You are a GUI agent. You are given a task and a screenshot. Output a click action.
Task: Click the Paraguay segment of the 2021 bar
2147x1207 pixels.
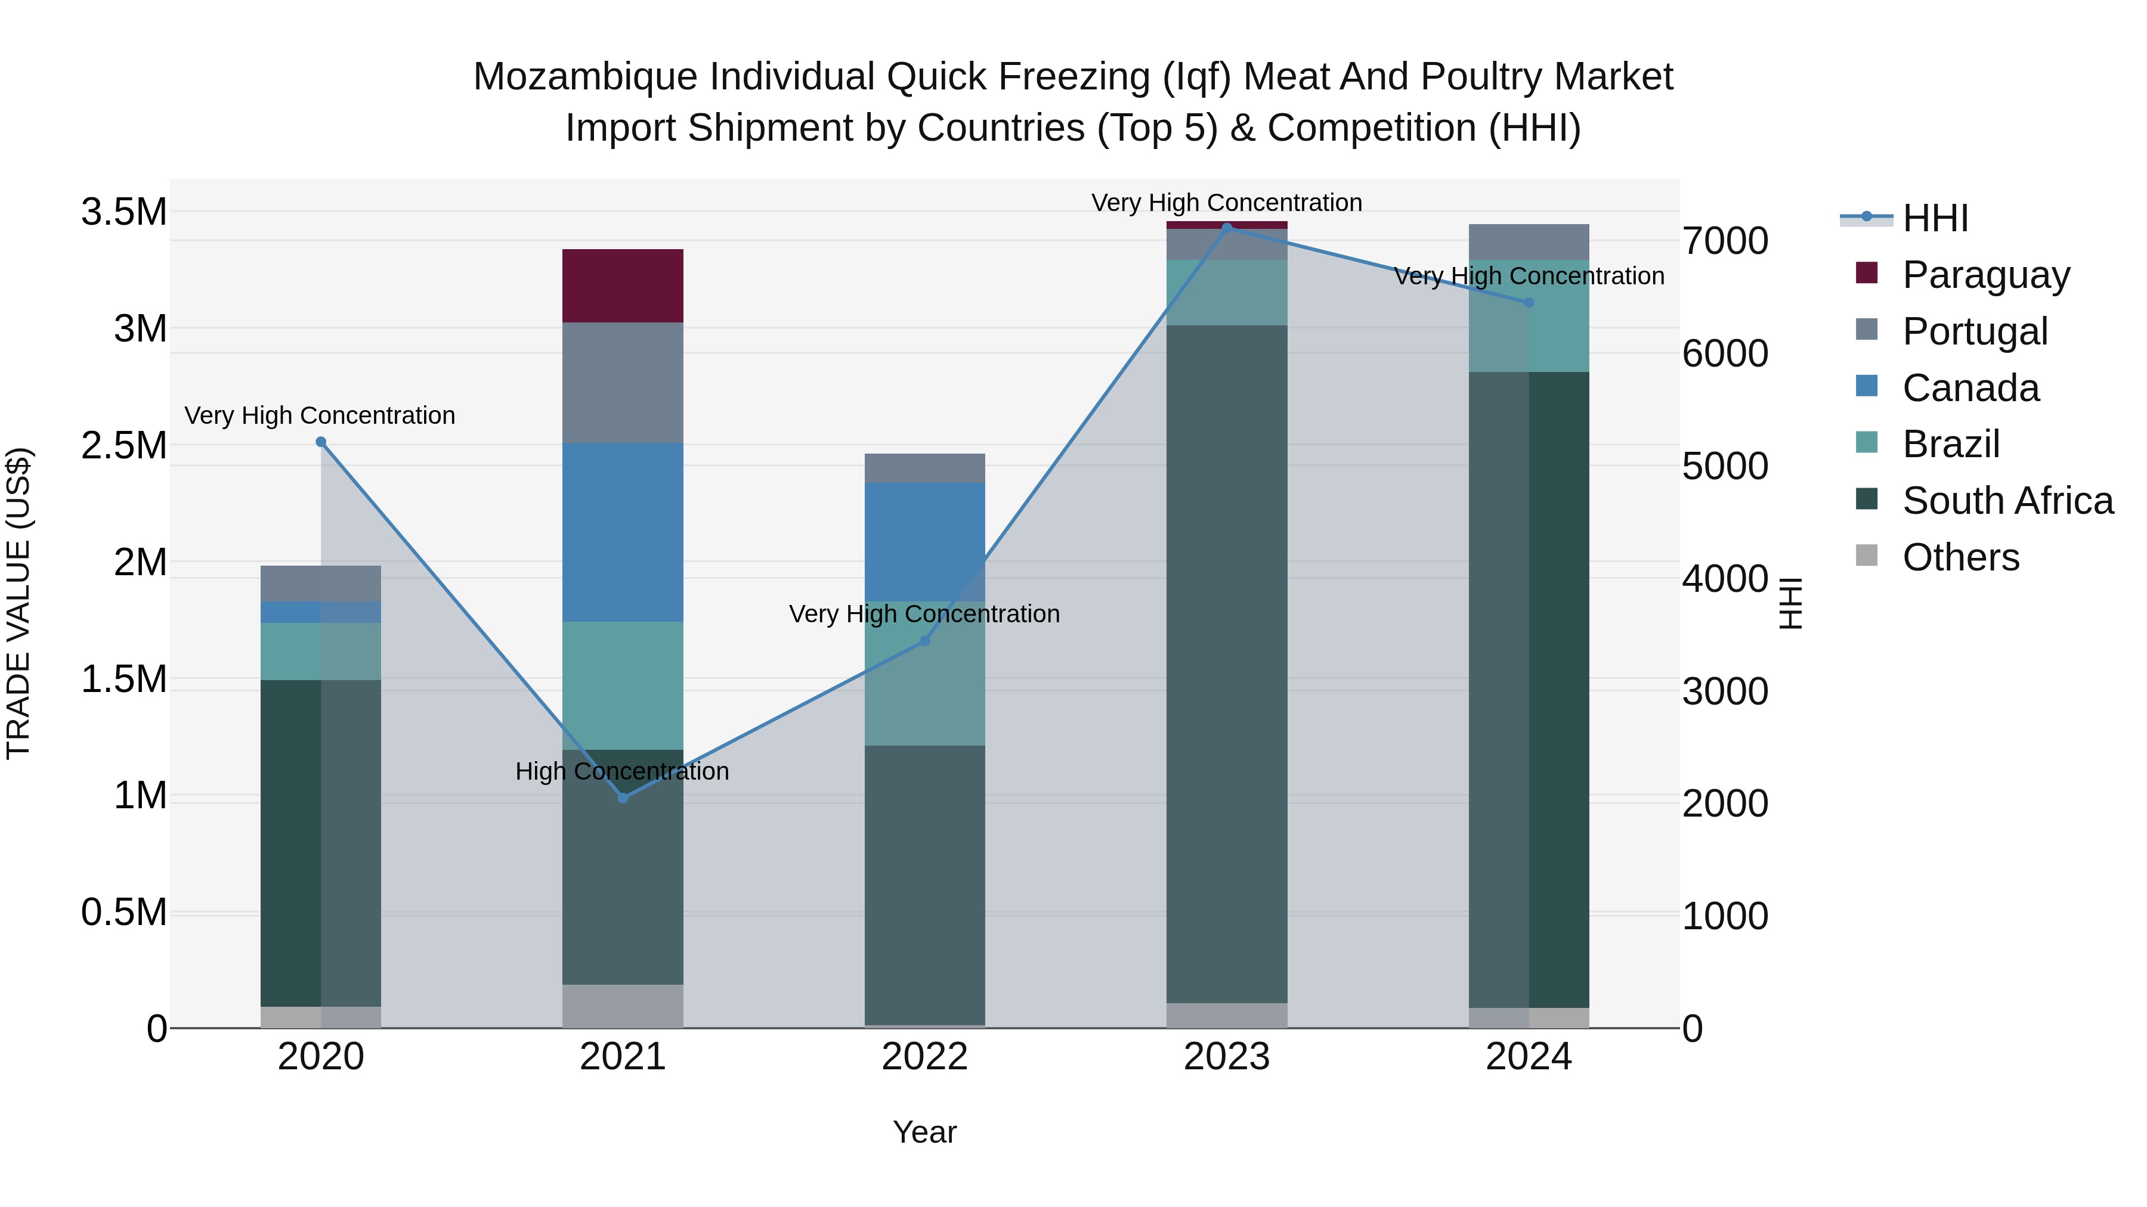click(623, 286)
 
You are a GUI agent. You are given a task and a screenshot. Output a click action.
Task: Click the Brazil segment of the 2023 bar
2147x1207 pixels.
click(1226, 293)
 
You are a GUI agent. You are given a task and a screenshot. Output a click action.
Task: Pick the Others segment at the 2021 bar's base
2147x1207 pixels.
click(623, 1006)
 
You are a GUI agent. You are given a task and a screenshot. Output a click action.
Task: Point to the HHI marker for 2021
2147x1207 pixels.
click(623, 798)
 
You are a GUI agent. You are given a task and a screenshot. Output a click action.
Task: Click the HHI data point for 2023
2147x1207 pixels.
click(1226, 228)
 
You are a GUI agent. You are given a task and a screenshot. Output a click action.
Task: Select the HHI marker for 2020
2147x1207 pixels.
click(321, 442)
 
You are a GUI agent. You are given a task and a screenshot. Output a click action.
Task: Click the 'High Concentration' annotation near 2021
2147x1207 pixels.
click(622, 771)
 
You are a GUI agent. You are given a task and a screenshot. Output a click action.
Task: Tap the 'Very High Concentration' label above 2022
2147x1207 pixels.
click(924, 614)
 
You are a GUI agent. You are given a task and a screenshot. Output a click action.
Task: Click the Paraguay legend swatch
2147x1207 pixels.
click(1867, 273)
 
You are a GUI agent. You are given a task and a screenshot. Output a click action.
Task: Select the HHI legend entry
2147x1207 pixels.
click(1935, 218)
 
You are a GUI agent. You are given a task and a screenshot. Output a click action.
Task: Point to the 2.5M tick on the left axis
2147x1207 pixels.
click(124, 446)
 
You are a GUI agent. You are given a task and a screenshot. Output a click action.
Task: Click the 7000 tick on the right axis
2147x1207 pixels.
click(1724, 241)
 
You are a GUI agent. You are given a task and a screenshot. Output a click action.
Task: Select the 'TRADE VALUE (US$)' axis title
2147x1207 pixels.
click(19, 603)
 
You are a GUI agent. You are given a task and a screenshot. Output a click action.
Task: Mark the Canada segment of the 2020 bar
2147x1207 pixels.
click(321, 612)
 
